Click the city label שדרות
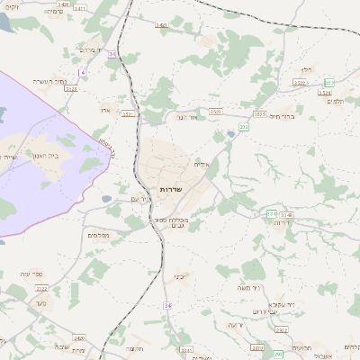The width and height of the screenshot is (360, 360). pos(171,190)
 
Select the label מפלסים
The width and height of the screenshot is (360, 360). pos(99,235)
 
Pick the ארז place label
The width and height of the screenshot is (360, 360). pos(104,108)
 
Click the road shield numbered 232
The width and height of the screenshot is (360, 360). pos(244,127)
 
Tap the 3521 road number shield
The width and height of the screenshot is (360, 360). pos(127,113)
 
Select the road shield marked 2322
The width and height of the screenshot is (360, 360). pos(42,288)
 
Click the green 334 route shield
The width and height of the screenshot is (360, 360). pos(272,214)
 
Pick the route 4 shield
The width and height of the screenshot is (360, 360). pos(82,71)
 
